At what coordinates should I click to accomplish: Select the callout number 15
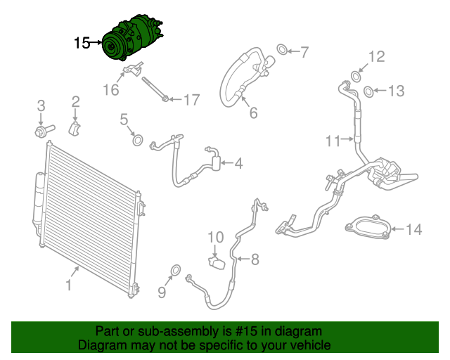click(x=82, y=44)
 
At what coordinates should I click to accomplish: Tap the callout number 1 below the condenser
click(x=68, y=285)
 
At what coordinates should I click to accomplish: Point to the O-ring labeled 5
click(x=138, y=141)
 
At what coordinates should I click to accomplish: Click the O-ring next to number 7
click(x=281, y=50)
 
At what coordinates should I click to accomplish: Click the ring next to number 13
click(x=368, y=91)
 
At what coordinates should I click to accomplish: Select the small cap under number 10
click(x=216, y=263)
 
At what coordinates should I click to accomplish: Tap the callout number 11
click(x=333, y=141)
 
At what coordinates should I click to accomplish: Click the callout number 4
click(x=238, y=164)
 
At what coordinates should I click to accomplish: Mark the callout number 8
click(x=255, y=259)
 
